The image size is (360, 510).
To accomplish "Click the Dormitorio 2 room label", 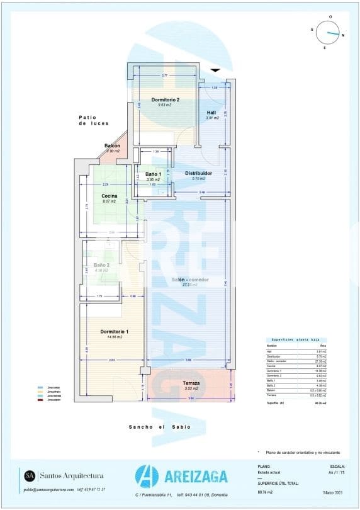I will (166, 100).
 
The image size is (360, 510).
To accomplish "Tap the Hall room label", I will (211, 113).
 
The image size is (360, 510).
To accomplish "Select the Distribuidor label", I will (198, 173).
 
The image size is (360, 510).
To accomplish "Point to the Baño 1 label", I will (154, 174).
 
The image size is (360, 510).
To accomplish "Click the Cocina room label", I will (110, 196).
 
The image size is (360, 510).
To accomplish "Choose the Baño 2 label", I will (102, 265).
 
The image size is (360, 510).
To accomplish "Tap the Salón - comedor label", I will (190, 280).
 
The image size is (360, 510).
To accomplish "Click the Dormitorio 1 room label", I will (115, 332).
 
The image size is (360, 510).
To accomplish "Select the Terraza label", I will (191, 383).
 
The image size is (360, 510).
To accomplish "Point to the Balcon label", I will (112, 146).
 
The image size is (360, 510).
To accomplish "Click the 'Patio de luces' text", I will (94, 120).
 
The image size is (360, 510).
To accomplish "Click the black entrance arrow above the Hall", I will (216, 70).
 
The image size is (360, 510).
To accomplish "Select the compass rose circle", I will (329, 31).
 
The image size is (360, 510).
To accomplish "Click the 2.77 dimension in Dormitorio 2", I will (165, 76).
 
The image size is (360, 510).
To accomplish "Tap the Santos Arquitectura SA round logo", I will (30, 475).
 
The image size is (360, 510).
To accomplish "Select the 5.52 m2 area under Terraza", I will (191, 389).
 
